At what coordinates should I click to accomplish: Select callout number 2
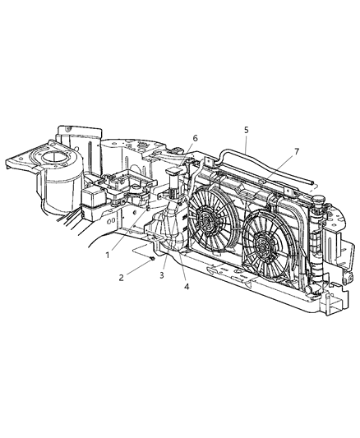(x=121, y=278)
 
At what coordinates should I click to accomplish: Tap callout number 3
(x=161, y=275)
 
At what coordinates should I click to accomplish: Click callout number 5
(x=246, y=130)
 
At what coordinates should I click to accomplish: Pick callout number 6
(x=195, y=137)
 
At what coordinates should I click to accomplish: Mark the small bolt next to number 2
(x=153, y=259)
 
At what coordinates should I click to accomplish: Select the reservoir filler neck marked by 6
(x=173, y=177)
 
